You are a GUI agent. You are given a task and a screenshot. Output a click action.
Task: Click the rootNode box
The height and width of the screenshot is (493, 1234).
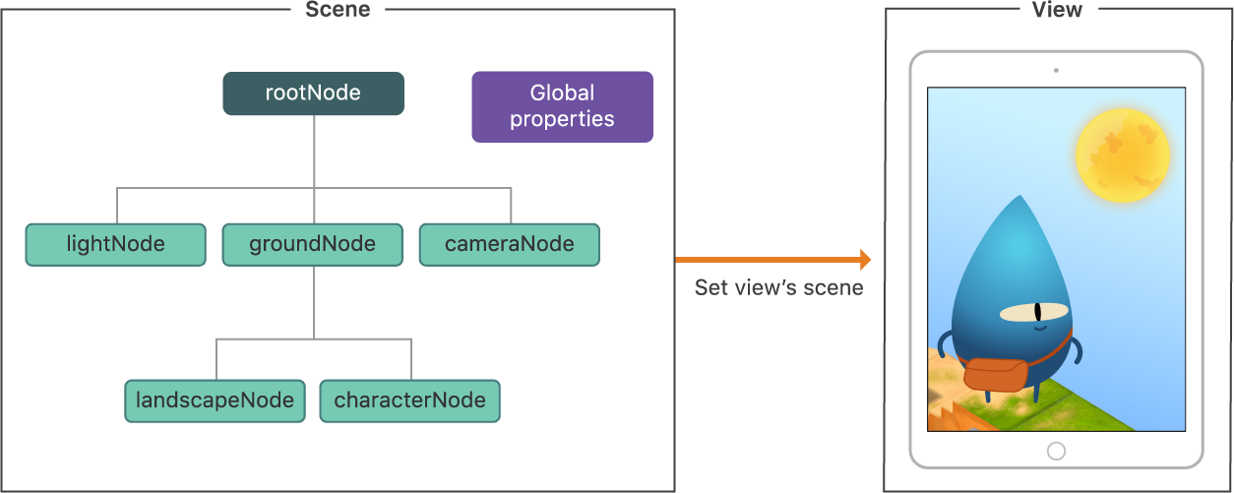[x=313, y=93]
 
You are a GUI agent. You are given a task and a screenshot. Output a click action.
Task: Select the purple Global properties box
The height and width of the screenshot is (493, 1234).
[x=562, y=106]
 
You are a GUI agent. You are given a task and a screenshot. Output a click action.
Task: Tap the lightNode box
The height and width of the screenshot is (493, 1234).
[x=115, y=244]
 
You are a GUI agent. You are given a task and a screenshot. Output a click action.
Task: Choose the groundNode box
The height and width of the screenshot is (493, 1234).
[x=312, y=244]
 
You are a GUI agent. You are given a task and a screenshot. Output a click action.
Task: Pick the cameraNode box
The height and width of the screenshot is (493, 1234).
[x=509, y=244]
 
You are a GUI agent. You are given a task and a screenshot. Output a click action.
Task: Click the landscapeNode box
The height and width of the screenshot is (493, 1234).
[x=215, y=401]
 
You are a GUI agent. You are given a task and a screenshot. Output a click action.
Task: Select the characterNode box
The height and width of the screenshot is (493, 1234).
[x=409, y=401]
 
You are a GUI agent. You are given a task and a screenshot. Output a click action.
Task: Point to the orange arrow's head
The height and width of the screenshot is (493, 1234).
[x=865, y=260]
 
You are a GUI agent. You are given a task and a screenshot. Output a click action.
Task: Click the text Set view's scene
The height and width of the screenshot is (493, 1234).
[x=778, y=287]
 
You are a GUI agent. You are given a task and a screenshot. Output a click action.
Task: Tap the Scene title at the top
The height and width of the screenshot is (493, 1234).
[x=338, y=10]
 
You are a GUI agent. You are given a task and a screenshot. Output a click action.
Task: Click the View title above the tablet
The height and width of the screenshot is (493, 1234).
[x=1057, y=10]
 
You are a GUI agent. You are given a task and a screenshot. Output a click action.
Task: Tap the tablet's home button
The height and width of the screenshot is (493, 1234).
[x=1056, y=451]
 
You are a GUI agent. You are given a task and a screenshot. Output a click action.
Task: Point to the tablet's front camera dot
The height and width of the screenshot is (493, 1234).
[x=1056, y=70]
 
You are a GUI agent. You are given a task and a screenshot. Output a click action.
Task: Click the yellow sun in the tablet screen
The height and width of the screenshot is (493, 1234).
[x=1122, y=154]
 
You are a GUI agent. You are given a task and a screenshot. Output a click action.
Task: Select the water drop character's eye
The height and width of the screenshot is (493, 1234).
[x=1033, y=314]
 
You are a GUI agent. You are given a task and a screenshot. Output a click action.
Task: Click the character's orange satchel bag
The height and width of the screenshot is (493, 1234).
[x=995, y=375]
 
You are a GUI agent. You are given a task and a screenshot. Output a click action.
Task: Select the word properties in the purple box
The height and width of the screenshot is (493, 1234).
[x=562, y=119]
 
